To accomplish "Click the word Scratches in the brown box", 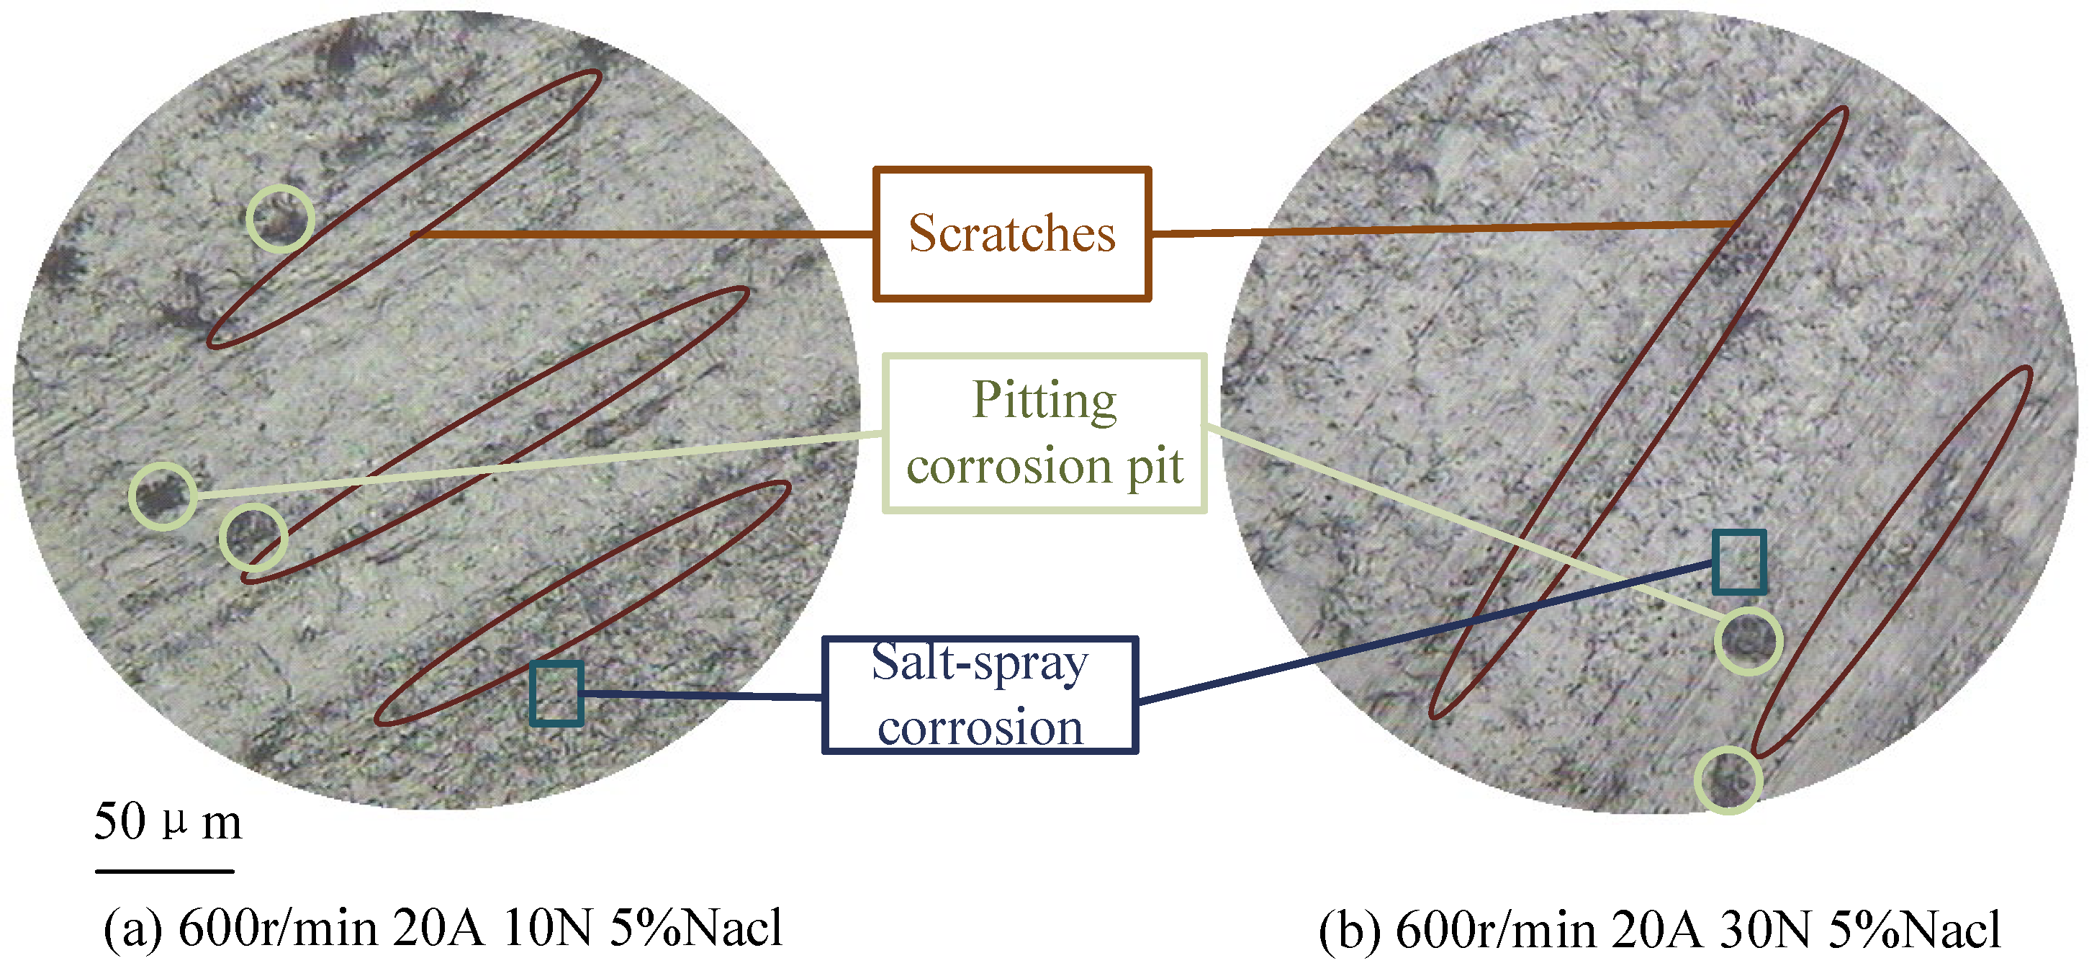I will point(1011,233).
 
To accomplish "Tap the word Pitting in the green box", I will point(1044,400).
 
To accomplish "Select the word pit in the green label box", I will point(1155,467).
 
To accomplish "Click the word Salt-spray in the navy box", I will point(980,663).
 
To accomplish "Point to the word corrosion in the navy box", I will point(980,727).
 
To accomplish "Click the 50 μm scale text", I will point(168,821).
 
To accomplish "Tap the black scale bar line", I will point(165,871).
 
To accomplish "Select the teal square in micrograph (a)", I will point(556,694).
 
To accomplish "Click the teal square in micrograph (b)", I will point(1739,561).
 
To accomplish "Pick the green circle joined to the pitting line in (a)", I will point(163,496).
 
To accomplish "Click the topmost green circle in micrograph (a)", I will point(281,218).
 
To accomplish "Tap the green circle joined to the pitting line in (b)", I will point(1749,641).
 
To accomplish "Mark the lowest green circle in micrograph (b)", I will point(1728,779).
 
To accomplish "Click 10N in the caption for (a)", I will point(547,929).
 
